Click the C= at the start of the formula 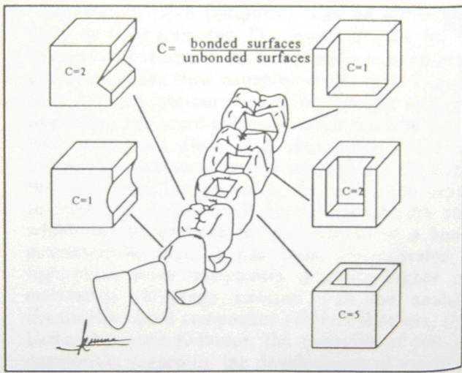168,50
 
